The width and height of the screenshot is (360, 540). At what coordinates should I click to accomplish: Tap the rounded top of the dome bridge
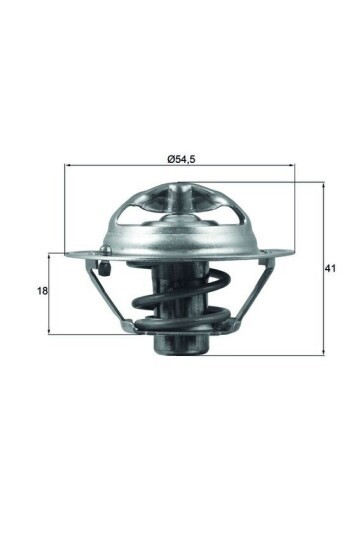click(x=182, y=185)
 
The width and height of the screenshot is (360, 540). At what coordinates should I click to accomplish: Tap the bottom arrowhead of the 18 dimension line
click(x=50, y=331)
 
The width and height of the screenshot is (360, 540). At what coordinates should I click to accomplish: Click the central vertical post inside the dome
click(x=182, y=215)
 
